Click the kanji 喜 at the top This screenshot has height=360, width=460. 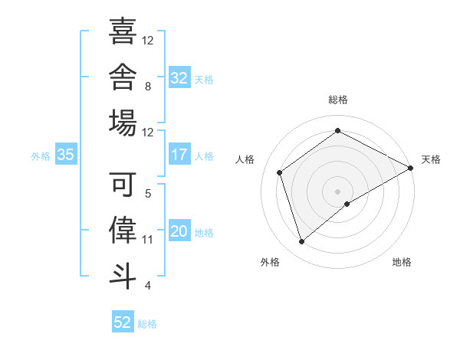[123, 31]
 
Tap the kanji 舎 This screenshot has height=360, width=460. [123, 77]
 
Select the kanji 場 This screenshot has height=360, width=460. [123, 123]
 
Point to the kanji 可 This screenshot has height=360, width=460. [123, 184]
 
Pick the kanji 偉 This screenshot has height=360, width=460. [123, 230]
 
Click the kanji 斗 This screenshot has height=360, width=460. [123, 277]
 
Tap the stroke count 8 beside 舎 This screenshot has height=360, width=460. [148, 87]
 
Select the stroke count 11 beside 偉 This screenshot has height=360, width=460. [147, 240]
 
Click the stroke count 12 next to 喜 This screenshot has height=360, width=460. [147, 41]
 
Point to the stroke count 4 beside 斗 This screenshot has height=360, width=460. [148, 286]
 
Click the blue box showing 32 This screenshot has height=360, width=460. [179, 77]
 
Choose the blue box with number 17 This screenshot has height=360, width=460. [179, 154]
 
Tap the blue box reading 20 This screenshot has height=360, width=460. [179, 230]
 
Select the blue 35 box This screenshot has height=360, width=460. [66, 154]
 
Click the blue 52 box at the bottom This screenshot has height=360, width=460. [123, 321]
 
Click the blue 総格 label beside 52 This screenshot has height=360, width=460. [147, 324]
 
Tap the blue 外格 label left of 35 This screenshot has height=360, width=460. [41, 156]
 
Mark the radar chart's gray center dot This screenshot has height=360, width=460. [337, 191]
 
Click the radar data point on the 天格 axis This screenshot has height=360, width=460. [411, 168]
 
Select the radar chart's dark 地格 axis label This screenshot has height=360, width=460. [402, 262]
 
